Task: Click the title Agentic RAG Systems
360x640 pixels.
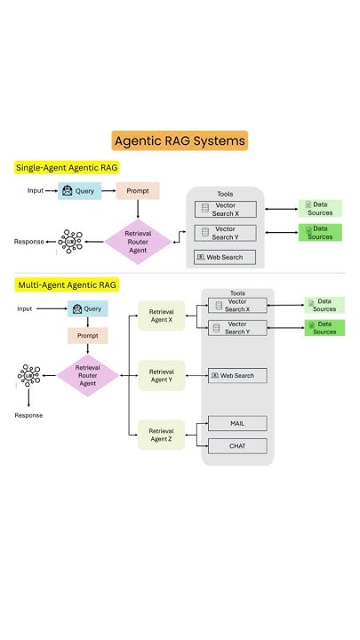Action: (x=180, y=140)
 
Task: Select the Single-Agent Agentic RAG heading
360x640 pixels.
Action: (x=67, y=167)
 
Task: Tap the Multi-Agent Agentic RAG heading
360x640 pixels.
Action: (x=66, y=285)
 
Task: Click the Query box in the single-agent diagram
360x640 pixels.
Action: (x=80, y=190)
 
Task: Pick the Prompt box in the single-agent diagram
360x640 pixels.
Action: (x=138, y=190)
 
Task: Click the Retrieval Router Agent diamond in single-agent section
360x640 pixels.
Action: (x=138, y=241)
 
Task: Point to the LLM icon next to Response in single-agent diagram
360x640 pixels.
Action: (x=69, y=241)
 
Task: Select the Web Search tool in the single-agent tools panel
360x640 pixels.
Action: (x=225, y=258)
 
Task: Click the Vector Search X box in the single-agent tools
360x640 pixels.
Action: (x=225, y=209)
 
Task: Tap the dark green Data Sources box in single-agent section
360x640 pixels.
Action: (x=320, y=233)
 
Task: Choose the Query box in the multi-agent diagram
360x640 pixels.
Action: (x=87, y=308)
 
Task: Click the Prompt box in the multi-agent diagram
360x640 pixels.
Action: (x=87, y=336)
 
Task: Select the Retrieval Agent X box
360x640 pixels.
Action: (x=161, y=316)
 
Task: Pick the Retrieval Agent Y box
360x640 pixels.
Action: (x=161, y=375)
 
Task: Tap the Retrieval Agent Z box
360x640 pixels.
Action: (x=161, y=435)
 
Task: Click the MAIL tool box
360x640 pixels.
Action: (x=237, y=424)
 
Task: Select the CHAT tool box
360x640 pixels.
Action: (x=237, y=446)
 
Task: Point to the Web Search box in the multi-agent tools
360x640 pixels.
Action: (x=237, y=375)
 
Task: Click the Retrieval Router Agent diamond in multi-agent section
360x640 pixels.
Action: (x=87, y=375)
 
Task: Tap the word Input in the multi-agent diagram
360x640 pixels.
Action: (x=25, y=308)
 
